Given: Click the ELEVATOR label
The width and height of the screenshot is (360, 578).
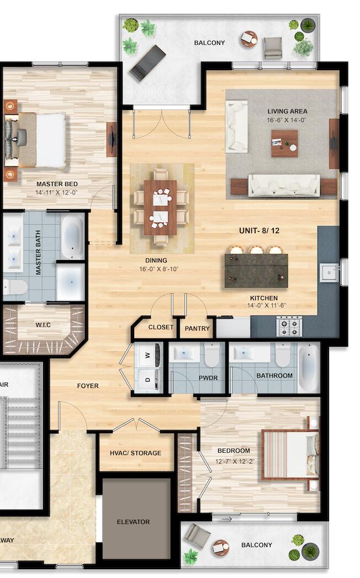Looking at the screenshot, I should point(133,522).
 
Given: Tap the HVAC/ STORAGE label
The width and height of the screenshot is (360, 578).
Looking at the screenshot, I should point(135,453).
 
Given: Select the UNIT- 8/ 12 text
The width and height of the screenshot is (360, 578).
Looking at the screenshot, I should point(259,231).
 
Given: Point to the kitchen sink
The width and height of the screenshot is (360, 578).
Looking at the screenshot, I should point(330,272).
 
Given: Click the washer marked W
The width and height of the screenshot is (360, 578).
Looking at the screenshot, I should point(149,356).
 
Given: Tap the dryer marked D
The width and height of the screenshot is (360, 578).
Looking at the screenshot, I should point(149,380).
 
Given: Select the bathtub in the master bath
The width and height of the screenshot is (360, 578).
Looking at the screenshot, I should point(72,237).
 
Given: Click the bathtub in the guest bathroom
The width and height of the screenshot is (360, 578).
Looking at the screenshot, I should point(308,368).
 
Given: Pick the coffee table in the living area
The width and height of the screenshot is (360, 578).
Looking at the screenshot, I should point(284,143).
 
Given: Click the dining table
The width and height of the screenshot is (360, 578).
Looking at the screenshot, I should point(160,207).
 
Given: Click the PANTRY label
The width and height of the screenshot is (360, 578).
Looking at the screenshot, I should point(197,328).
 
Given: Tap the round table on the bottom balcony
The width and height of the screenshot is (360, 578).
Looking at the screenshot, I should point(221,547).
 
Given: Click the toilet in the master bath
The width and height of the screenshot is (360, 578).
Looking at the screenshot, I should point(15,287).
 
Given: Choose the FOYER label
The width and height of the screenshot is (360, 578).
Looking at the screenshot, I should point(88,386).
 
